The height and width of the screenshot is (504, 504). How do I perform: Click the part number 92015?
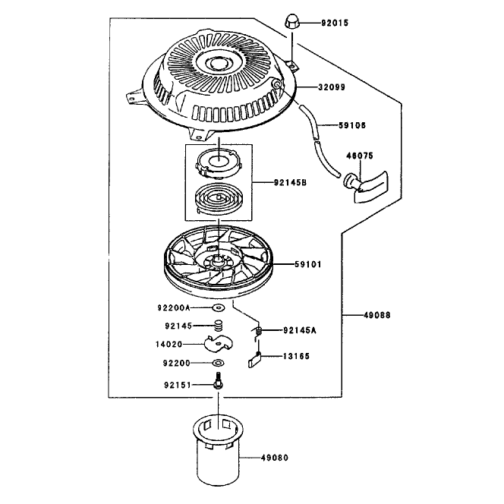click(335, 23)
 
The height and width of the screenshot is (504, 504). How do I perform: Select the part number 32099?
click(332, 87)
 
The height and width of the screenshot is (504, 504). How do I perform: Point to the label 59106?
click(352, 125)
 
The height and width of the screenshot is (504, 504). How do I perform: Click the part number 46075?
click(360, 156)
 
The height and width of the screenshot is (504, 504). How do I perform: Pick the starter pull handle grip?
click(367, 186)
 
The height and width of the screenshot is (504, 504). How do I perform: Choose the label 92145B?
click(290, 183)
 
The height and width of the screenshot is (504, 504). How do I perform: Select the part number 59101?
click(308, 265)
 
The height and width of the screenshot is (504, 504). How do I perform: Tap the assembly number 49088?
click(377, 315)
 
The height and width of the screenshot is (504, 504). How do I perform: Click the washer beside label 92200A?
click(219, 308)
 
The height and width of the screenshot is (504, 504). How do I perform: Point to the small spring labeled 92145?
click(219, 326)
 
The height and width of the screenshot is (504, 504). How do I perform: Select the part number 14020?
click(169, 345)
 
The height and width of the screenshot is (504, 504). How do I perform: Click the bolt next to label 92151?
click(219, 381)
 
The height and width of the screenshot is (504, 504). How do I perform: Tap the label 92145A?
click(300, 330)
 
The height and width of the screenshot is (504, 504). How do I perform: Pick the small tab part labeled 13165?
click(255, 360)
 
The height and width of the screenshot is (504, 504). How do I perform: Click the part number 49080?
click(275, 458)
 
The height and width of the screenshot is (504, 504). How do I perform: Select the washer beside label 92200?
click(219, 363)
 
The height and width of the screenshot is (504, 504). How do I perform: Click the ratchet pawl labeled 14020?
click(219, 344)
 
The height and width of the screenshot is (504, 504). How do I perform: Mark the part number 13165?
click(296, 356)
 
